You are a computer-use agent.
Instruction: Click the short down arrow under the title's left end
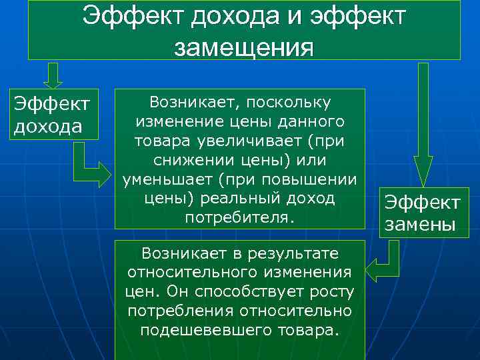coord(53,75)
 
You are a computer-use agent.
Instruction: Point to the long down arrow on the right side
coord(423,127)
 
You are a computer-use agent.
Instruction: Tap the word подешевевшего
coord(207,331)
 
